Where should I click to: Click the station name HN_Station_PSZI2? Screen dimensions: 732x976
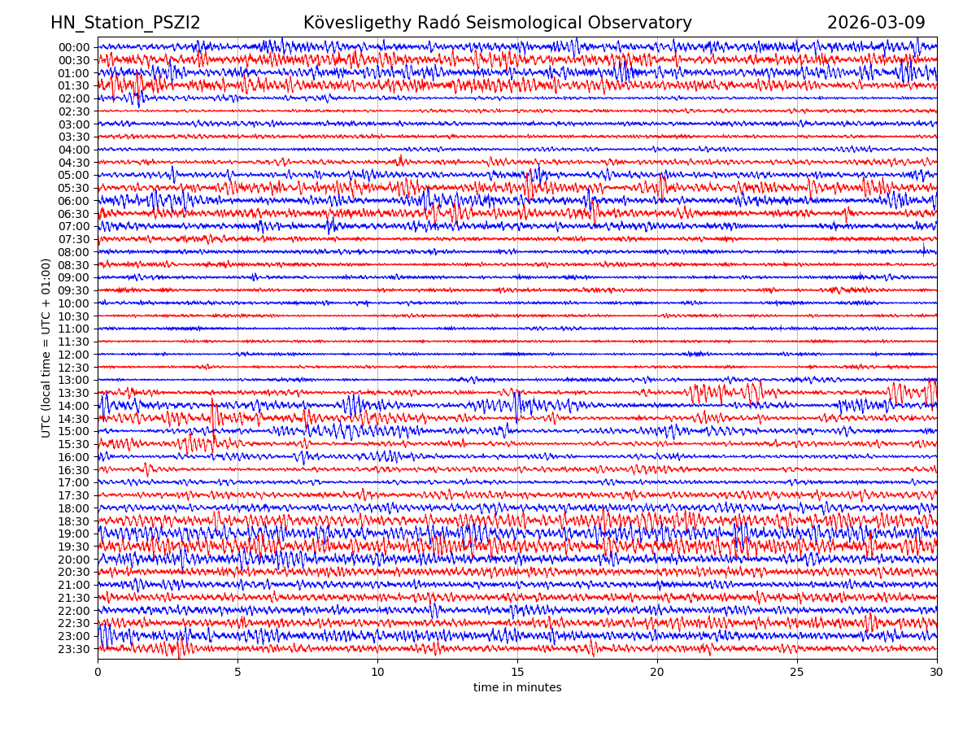point(125,24)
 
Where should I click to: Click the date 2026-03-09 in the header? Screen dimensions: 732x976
point(876,24)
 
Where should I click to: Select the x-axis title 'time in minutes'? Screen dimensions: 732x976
point(517,688)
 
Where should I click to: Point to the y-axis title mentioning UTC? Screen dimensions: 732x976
point(47,348)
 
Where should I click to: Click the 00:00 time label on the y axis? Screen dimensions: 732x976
point(74,47)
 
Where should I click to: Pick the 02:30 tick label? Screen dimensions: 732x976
point(74,111)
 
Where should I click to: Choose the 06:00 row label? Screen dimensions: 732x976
point(74,201)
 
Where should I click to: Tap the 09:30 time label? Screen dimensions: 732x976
point(74,290)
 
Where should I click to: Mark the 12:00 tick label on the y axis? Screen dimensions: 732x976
point(74,355)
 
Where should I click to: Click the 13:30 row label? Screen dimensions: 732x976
point(74,393)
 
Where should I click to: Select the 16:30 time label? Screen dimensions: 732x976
point(74,470)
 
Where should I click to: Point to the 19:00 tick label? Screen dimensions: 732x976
point(74,534)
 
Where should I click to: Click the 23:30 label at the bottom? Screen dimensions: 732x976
point(74,649)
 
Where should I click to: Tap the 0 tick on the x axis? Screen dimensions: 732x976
point(98,673)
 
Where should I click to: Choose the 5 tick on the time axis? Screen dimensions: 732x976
point(237,673)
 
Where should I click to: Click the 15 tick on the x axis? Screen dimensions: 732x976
point(517,673)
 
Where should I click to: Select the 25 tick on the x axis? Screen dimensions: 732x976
point(797,673)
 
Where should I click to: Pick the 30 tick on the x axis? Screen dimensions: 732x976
point(937,673)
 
